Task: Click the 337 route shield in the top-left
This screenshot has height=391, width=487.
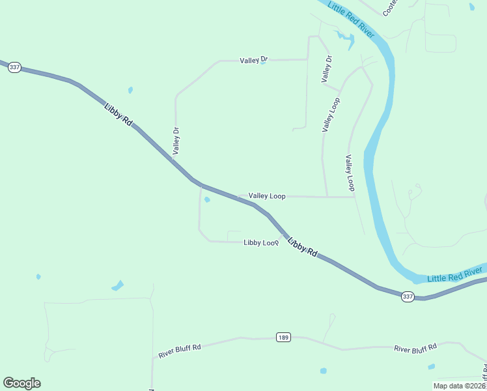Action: click(15, 68)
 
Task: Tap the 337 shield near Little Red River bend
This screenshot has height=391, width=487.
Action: click(408, 296)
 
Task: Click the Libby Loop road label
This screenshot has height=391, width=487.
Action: click(261, 242)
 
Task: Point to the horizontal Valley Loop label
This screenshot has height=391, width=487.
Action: click(267, 195)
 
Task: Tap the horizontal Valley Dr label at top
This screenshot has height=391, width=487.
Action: click(253, 60)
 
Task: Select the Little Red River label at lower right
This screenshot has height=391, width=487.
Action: click(456, 274)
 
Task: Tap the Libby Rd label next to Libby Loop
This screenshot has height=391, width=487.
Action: click(302, 246)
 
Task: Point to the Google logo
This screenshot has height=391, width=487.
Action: click(21, 383)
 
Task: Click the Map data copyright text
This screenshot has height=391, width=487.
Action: click(459, 386)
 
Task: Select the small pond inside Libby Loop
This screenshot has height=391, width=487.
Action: click(207, 199)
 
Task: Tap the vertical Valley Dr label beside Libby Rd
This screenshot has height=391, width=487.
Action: click(176, 141)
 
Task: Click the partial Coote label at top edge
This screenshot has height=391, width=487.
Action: click(389, 8)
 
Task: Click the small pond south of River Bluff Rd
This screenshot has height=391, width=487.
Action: click(324, 371)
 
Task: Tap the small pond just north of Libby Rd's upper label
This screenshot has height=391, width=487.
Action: click(131, 90)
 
